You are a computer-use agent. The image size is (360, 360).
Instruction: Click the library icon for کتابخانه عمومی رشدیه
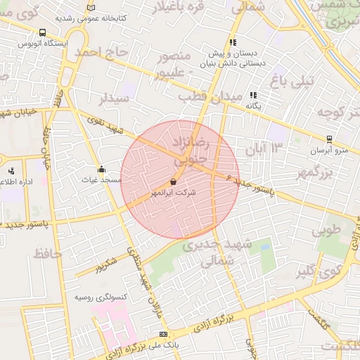pyautogui.click(x=90, y=8)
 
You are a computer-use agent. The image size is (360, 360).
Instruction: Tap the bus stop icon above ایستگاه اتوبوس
pyautogui.click(x=43, y=32)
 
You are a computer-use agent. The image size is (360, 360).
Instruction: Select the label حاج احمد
pyautogui.click(x=103, y=53)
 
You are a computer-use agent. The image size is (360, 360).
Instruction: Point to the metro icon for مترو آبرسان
pyautogui.click(x=329, y=139)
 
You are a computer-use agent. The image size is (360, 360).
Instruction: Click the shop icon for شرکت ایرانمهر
pyautogui.click(x=173, y=181)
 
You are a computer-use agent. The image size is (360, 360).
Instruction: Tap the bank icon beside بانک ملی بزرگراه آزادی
pyautogui.click(x=164, y=334)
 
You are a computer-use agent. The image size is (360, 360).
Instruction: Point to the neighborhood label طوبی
pyautogui.click(x=326, y=229)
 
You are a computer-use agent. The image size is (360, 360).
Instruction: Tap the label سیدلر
pyautogui.click(x=115, y=98)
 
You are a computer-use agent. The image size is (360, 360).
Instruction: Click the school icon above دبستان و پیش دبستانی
pyautogui.click(x=233, y=42)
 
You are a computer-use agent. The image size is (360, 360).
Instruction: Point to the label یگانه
pyautogui.click(x=253, y=105)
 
